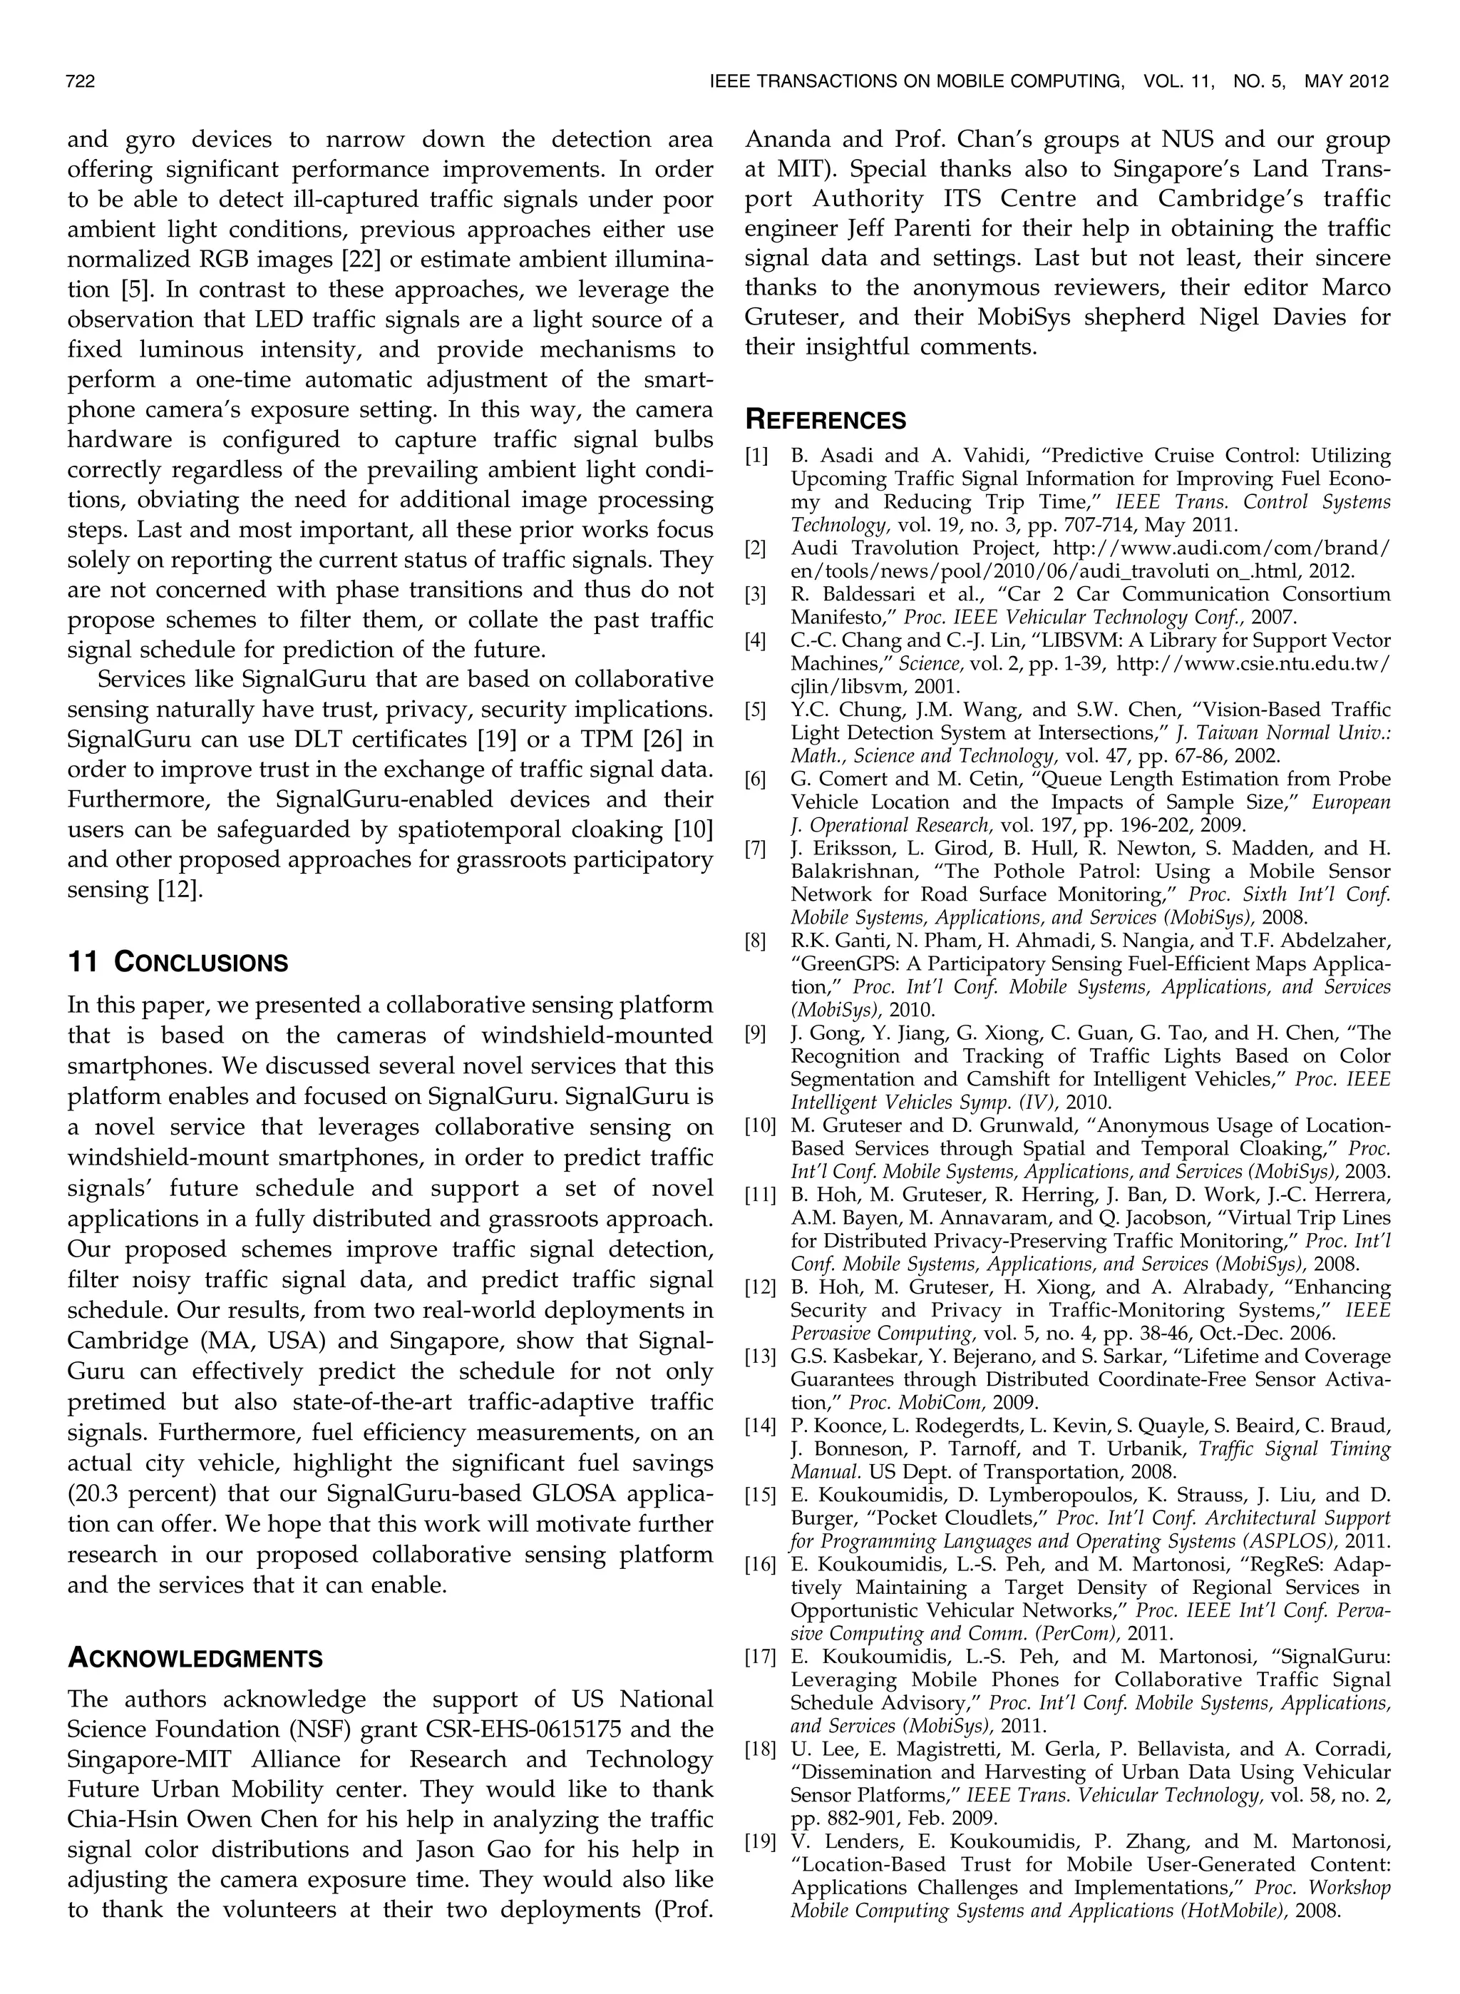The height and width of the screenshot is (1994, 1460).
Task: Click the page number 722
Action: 81,82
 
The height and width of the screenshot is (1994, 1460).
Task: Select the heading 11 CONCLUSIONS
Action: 178,963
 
